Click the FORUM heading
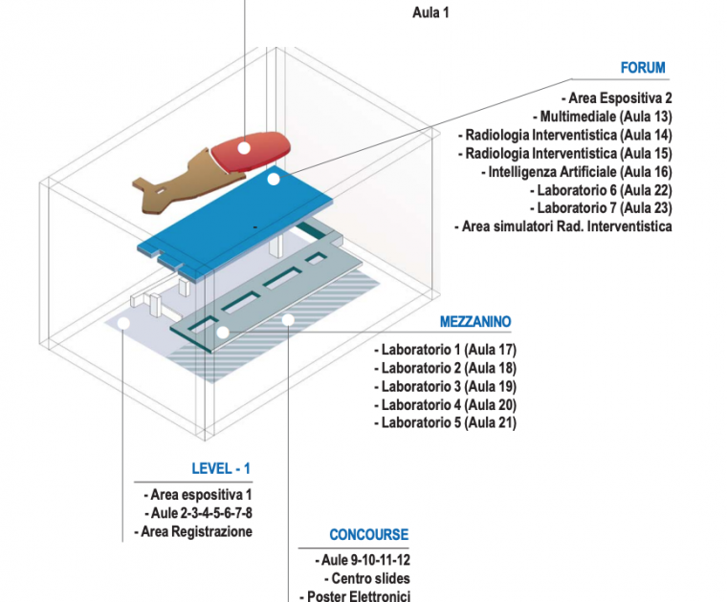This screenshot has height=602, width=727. (642, 68)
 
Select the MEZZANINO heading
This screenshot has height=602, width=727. (475, 322)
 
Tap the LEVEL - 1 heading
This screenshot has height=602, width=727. (221, 468)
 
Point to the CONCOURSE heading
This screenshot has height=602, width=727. (368, 535)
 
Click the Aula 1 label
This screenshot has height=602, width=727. (430, 12)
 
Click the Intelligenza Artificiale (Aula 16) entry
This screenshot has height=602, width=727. (580, 172)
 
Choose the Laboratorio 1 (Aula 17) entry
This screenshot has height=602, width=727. (445, 350)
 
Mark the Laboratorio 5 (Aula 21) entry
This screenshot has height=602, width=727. (445, 422)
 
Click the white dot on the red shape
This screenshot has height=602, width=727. (244, 147)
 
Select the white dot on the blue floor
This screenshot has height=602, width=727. (273, 179)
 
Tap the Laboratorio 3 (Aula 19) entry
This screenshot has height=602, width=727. (445, 386)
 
